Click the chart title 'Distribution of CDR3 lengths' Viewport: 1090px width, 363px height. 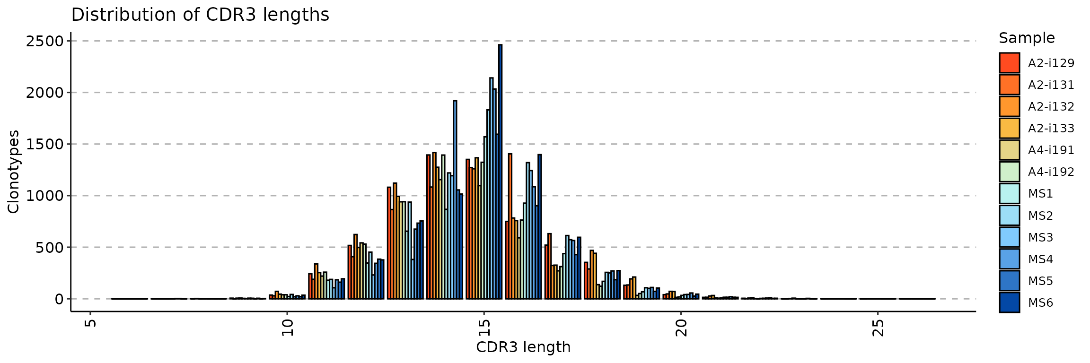click(x=200, y=15)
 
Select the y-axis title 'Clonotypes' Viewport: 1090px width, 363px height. click(x=13, y=172)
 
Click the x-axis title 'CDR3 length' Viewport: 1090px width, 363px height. click(x=523, y=347)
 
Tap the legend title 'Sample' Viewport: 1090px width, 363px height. click(x=1027, y=38)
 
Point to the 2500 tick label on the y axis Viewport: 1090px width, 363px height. click(x=44, y=42)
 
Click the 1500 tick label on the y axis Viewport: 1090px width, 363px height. click(x=44, y=145)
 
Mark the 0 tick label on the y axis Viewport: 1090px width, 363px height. click(x=59, y=299)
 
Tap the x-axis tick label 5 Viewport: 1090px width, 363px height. click(x=90, y=323)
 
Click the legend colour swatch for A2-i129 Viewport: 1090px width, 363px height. click(x=1009, y=63)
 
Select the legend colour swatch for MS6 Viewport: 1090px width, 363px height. click(x=1009, y=302)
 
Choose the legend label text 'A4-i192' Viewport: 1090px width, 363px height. click(x=1051, y=172)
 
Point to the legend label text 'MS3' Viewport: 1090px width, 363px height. click(x=1040, y=237)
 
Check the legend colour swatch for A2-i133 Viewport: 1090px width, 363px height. click(x=1009, y=128)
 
